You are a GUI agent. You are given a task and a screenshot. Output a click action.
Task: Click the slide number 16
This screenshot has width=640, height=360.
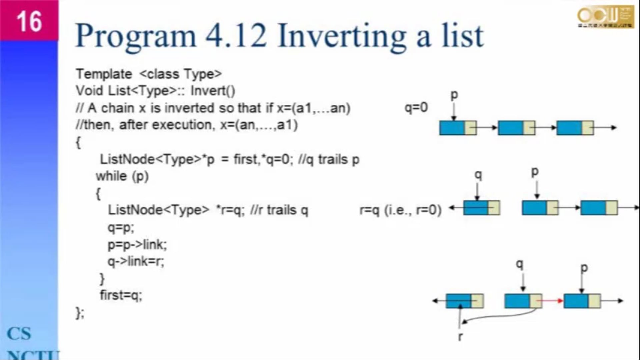point(29,21)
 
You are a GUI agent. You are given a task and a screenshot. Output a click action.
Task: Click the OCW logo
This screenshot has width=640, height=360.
point(605,17)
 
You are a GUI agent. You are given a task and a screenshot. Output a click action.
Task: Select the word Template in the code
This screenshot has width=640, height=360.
point(104,74)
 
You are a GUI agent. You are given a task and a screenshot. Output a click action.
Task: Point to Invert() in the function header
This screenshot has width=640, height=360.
point(213,91)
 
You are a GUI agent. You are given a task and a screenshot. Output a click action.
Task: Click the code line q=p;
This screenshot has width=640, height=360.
point(121,227)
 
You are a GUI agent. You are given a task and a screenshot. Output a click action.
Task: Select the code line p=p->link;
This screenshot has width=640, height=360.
point(137,244)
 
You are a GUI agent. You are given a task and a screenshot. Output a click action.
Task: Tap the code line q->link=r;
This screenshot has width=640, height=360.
point(136,261)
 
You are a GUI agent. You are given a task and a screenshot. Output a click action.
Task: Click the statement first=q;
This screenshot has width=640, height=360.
point(121,295)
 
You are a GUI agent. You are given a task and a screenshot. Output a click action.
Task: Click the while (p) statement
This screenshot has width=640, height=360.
point(122,176)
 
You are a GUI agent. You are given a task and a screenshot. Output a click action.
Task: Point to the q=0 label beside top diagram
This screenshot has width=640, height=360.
point(416,107)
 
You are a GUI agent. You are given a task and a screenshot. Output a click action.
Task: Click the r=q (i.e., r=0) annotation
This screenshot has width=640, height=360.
point(400,210)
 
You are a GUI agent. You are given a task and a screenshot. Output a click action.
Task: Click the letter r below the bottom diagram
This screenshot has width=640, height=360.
point(460,336)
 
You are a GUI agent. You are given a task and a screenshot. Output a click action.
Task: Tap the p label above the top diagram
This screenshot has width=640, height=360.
point(454,95)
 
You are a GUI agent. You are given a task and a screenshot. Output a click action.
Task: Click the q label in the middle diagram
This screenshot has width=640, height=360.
point(478,175)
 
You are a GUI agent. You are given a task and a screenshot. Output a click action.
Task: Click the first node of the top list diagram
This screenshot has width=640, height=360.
point(458,128)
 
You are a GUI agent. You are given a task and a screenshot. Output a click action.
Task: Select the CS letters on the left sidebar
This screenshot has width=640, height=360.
point(19,334)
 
